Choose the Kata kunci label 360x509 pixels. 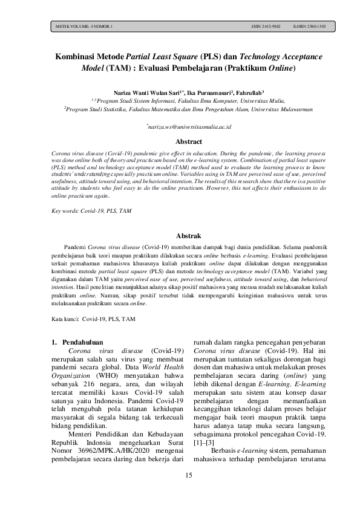[x=66, y=317]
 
